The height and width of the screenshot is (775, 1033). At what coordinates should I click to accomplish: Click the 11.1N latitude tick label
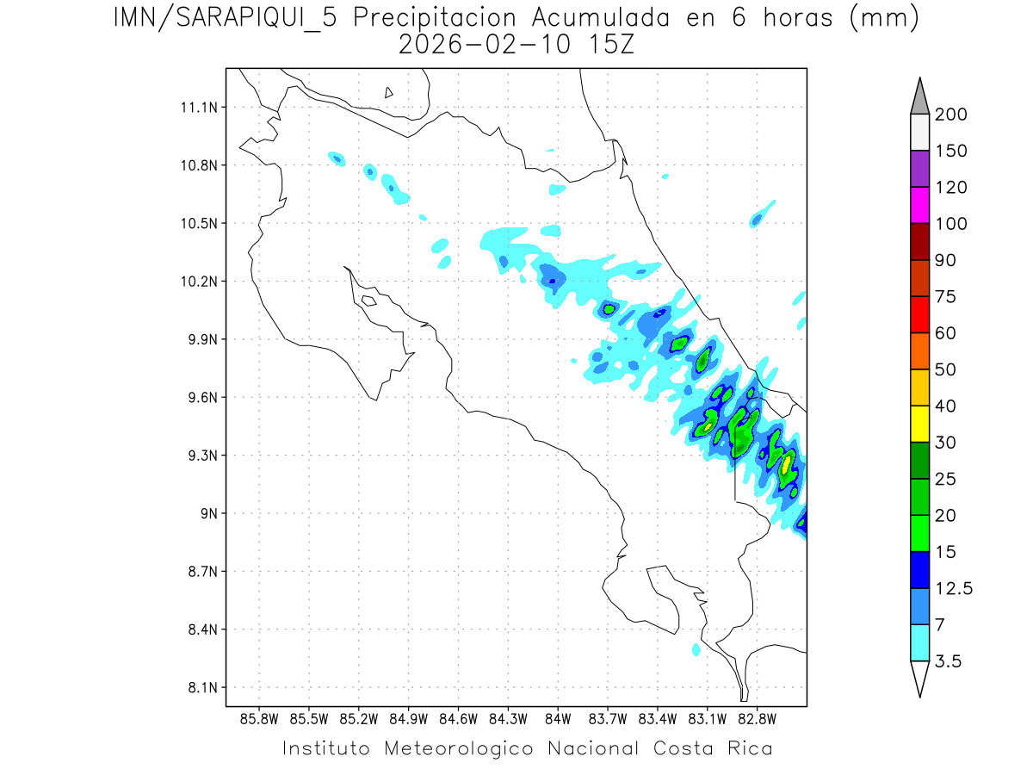(196, 108)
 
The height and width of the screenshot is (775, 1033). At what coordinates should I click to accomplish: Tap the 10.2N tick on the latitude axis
(196, 282)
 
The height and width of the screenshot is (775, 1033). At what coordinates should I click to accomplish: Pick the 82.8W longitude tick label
(757, 718)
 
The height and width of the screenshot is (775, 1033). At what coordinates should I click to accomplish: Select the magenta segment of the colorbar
(919, 205)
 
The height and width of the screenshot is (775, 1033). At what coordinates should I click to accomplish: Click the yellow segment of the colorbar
(919, 423)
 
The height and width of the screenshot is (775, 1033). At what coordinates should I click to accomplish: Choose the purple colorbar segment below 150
(919, 169)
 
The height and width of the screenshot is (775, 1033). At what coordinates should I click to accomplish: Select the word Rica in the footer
(749, 748)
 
